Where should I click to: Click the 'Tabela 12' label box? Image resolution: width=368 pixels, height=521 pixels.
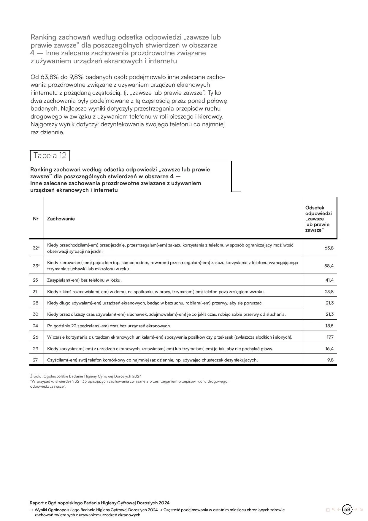[x=50, y=155]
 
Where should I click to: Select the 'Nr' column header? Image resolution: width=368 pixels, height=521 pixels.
[x=36, y=219]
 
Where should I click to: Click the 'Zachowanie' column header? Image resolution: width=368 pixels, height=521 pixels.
[x=61, y=219]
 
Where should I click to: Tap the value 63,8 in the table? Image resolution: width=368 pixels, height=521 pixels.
[x=329, y=248]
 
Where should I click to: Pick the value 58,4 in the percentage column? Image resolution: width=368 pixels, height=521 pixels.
[x=329, y=266]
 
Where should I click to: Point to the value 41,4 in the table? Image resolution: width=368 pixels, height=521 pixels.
[x=329, y=280]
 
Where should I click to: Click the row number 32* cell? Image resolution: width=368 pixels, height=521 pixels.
[x=36, y=248]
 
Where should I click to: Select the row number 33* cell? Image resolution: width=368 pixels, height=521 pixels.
[x=36, y=266]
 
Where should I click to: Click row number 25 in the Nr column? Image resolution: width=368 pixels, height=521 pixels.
[x=36, y=280]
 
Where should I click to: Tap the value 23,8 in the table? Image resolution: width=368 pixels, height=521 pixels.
[x=329, y=292]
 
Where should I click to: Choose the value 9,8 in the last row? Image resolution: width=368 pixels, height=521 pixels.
[x=330, y=360]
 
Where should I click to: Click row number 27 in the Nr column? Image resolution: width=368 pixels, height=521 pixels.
[x=35, y=360]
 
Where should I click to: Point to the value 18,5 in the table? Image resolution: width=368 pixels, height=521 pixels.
[x=329, y=326]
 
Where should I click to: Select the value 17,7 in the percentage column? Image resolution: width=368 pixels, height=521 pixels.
[x=330, y=337]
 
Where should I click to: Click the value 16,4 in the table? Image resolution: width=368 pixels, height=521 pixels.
[x=329, y=349]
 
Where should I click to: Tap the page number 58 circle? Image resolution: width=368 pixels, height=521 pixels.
[x=347, y=509]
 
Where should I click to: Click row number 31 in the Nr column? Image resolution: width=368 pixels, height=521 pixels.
[x=35, y=292]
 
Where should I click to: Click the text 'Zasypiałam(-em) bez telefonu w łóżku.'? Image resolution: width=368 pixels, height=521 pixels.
[x=84, y=280]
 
